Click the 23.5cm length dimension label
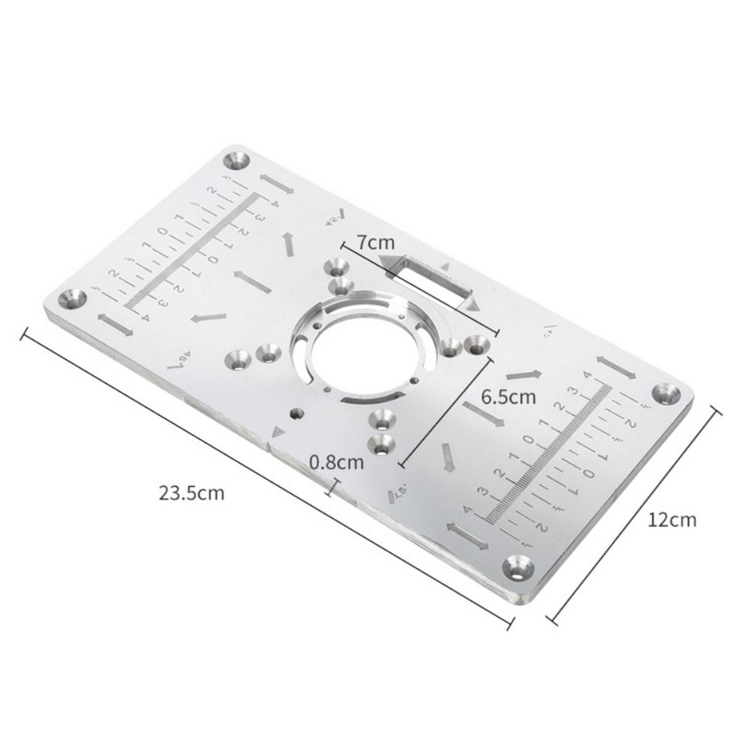coord(191,494)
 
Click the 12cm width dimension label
coord(672,519)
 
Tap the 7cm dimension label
coord(376,242)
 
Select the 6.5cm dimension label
coord(509,396)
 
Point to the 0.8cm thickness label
coord(336,462)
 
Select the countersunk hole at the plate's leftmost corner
coord(72,299)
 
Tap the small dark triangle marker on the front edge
coord(279,433)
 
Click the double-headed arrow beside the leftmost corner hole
coord(115,325)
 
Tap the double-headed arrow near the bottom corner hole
coord(467,533)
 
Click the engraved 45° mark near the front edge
coord(398,493)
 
